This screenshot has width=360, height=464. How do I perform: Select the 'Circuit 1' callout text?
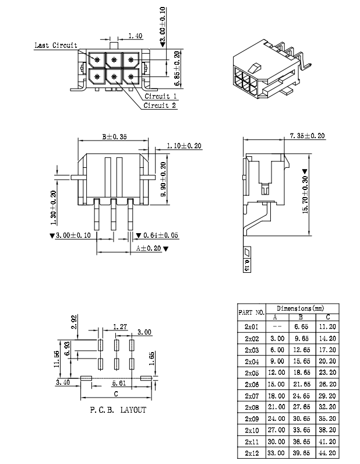[x=161, y=96]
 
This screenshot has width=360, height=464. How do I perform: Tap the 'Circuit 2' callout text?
[x=160, y=106]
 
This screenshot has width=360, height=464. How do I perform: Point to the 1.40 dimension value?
[x=135, y=36]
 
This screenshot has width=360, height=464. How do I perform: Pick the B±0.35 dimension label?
[x=114, y=137]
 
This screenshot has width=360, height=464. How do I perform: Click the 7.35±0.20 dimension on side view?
[x=307, y=136]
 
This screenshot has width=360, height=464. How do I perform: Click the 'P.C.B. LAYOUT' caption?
[x=118, y=410]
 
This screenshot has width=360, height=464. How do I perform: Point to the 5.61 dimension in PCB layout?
[x=119, y=384]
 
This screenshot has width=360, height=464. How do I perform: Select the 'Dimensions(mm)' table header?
[x=300, y=308]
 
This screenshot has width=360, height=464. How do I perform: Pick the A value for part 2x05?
[x=276, y=372]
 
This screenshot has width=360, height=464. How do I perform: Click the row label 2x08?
[x=252, y=406]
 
